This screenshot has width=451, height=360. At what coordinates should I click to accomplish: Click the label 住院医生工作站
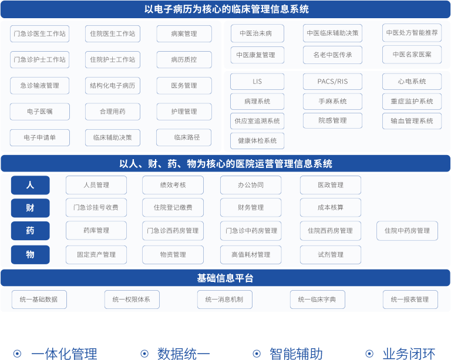(113, 33)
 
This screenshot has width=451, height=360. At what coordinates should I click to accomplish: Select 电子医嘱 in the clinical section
(40, 111)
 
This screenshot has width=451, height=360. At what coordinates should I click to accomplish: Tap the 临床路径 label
(187, 137)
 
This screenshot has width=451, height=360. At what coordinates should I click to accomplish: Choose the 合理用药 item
(113, 111)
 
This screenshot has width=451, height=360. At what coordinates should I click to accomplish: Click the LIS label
(257, 82)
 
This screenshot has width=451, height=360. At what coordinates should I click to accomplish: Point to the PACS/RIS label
(332, 82)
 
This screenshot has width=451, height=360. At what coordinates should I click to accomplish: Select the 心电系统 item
(412, 82)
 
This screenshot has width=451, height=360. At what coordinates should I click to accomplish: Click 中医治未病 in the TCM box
(255, 33)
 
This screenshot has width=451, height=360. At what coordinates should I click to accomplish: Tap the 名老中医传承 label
(332, 55)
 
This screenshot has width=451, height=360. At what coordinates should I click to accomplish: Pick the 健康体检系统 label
(257, 141)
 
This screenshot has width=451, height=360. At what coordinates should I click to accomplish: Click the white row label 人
(30, 185)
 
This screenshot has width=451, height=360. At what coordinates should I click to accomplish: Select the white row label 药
(30, 231)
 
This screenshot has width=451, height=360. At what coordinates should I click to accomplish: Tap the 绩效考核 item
(173, 185)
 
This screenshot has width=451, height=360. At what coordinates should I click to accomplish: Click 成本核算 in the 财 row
(330, 207)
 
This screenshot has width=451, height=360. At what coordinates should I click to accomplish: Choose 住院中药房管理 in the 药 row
(407, 231)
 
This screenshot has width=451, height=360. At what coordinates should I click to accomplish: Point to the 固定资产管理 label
(96, 254)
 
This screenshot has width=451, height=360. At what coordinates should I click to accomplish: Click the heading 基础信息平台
(225, 278)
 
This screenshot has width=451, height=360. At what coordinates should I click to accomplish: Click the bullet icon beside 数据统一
(144, 354)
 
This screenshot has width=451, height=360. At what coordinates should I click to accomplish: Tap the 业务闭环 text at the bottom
(409, 354)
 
